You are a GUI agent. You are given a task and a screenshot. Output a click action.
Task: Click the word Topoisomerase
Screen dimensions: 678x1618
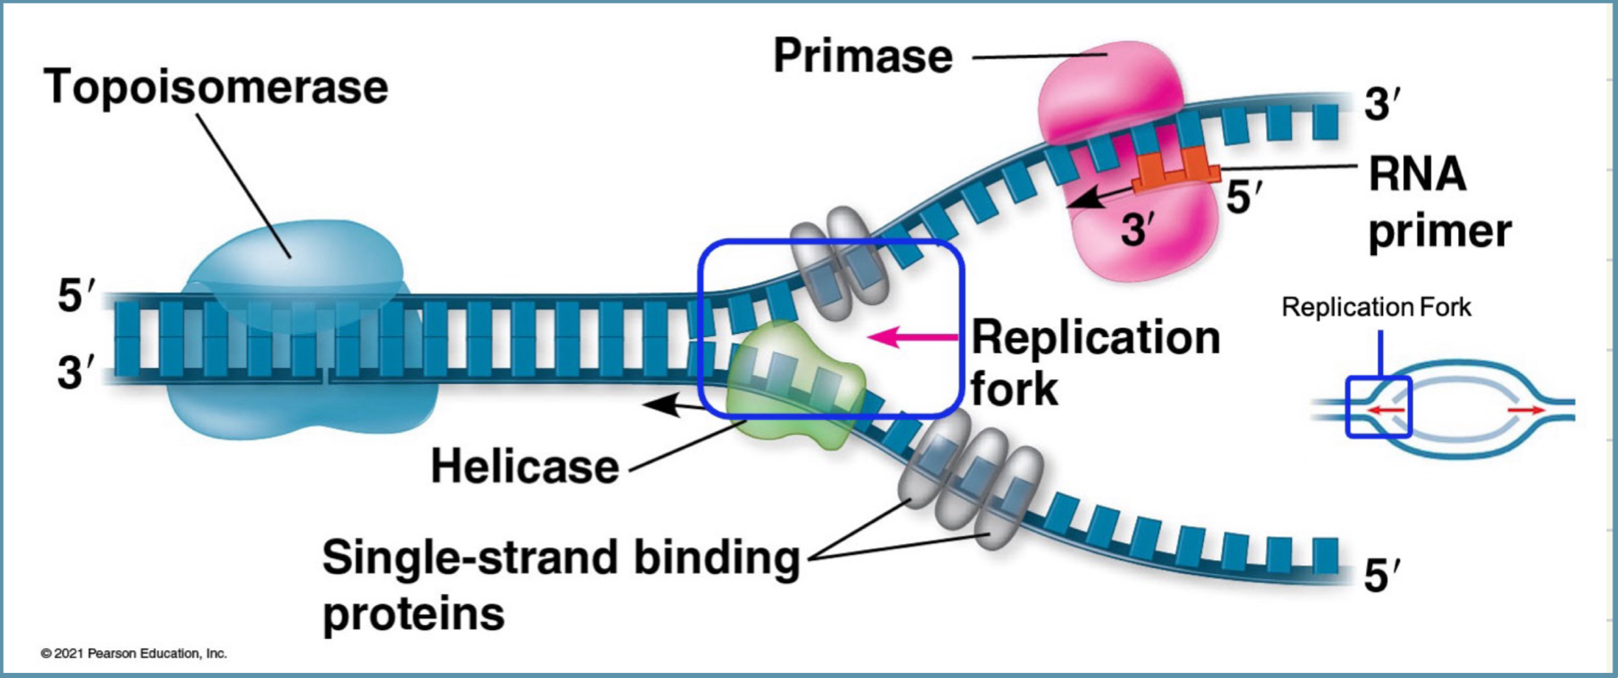(216, 88)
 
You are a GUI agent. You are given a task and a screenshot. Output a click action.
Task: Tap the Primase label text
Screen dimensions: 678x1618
(863, 57)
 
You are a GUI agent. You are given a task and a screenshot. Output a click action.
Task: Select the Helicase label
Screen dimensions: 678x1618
(525, 467)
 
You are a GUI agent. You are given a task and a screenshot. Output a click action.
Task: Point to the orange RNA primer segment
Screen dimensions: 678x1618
(1176, 172)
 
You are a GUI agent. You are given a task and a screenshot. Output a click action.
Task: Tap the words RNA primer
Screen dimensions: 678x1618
(1438, 203)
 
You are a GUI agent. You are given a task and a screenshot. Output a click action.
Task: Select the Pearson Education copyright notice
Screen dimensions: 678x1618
(133, 654)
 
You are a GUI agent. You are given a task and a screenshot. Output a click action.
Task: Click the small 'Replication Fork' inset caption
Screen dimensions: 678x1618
(1376, 307)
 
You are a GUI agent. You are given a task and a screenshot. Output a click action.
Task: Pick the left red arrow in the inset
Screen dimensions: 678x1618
(1385, 410)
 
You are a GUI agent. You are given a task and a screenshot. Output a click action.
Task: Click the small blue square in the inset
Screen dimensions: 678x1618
(1379, 407)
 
